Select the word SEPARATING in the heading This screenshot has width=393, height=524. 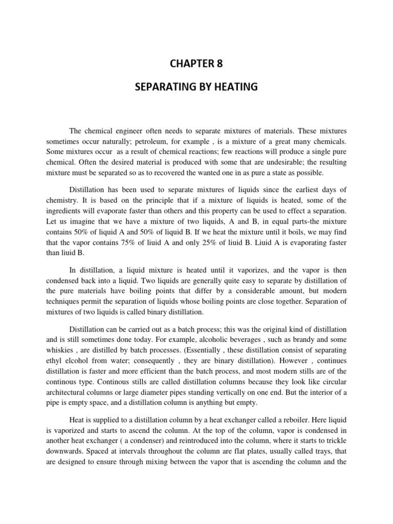(x=164, y=88)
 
